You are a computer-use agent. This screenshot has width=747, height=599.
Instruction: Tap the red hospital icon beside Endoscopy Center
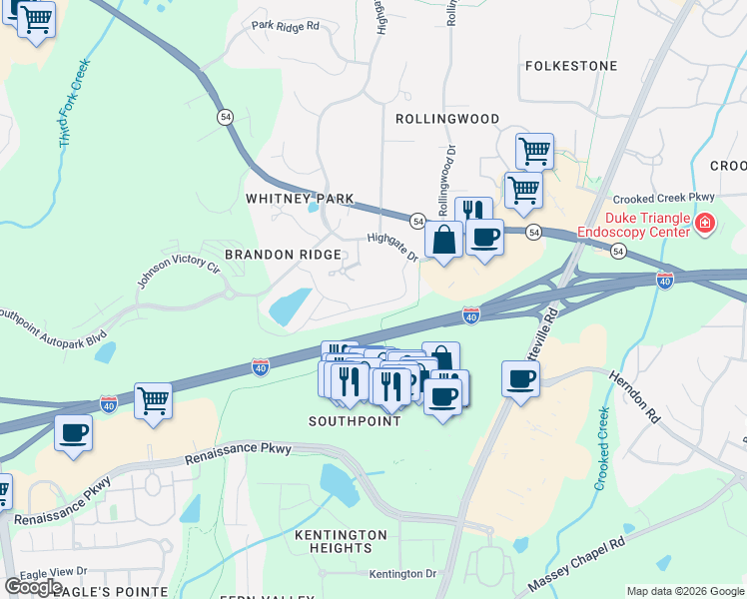coord(706,223)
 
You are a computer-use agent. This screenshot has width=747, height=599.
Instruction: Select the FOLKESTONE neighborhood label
coord(571,66)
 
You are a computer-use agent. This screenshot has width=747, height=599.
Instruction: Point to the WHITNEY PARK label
coord(300,199)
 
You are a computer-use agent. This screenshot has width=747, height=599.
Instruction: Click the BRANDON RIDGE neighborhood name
coord(283,255)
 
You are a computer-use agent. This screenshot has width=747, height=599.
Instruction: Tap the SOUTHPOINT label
coord(355,421)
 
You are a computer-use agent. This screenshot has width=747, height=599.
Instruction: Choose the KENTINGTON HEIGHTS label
coord(341,542)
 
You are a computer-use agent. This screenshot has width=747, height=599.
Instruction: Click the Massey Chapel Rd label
coord(575,563)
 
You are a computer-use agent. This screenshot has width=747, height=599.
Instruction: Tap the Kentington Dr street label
coord(402,574)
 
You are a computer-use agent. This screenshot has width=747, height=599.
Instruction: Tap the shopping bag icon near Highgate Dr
coord(443,241)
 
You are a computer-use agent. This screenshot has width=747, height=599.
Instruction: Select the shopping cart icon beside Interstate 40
coord(153,401)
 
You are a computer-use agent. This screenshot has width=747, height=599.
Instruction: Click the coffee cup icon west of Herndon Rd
coord(521,380)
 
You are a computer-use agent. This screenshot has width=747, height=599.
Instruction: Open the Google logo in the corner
coord(33,587)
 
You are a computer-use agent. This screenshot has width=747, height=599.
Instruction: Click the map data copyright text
coord(684,591)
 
